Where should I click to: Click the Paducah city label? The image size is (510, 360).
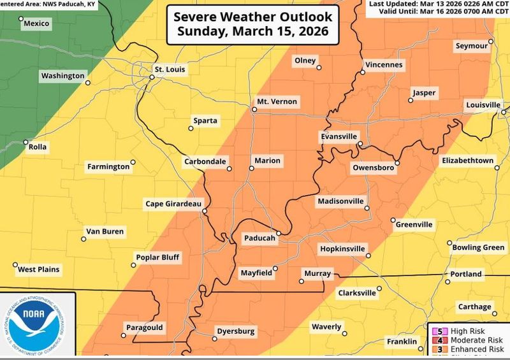pyautogui.click(x=259, y=238)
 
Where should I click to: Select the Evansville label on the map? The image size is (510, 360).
pyautogui.click(x=339, y=137)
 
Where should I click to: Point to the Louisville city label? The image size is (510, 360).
pyautogui.click(x=483, y=104)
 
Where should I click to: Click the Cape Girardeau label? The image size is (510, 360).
pyautogui.click(x=173, y=204)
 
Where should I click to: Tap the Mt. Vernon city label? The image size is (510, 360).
pyautogui.click(x=276, y=102)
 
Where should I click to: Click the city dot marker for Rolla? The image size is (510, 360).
pyautogui.click(x=26, y=142)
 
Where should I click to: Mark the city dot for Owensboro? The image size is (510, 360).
pyautogui.click(x=396, y=163)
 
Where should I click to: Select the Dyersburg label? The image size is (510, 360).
pyautogui.click(x=235, y=331)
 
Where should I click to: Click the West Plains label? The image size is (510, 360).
pyautogui.click(x=39, y=270)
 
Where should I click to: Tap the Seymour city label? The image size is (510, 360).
pyautogui.click(x=471, y=47)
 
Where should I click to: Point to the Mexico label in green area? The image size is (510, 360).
pyautogui.click(x=37, y=24)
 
